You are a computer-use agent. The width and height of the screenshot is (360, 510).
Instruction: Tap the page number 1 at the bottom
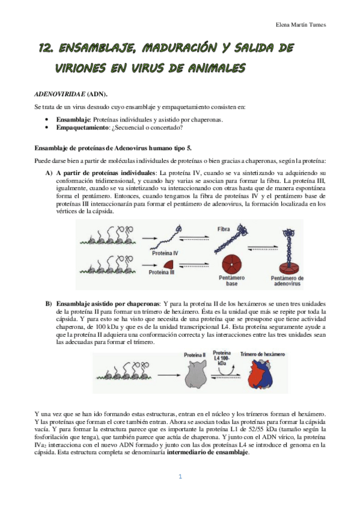[x=180, y=493]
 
